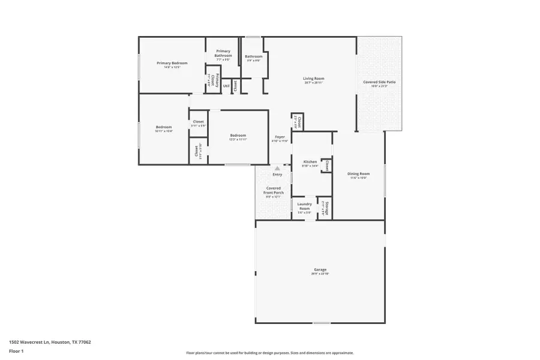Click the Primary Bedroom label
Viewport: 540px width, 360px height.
[x=172, y=63]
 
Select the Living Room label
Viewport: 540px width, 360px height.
[x=313, y=79]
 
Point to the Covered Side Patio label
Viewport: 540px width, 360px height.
[x=379, y=82]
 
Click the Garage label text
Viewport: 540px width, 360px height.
[x=320, y=269]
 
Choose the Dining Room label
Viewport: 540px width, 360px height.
[x=358, y=174]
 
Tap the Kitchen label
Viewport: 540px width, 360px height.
[x=310, y=162]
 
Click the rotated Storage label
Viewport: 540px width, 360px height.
[x=325, y=206]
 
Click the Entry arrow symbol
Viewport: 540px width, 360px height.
[x=277, y=169]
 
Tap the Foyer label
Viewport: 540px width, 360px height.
[x=280, y=137]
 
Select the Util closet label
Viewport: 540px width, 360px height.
[x=226, y=86]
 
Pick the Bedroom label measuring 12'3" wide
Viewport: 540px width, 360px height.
[x=238, y=136]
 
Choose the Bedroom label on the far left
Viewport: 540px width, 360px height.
[x=164, y=127]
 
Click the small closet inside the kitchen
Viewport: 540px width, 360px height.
[x=327, y=165]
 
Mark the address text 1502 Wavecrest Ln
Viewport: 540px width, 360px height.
[x=50, y=342]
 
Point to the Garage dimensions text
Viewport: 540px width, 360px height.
[x=320, y=274]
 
